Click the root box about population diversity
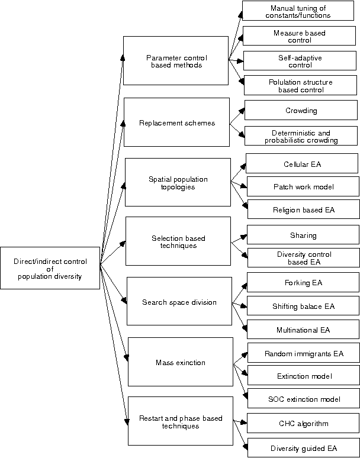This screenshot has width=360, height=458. (50, 268)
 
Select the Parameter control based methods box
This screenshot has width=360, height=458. (175, 61)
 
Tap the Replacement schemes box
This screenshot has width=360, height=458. (176, 122)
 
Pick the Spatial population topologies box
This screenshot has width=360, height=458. (178, 182)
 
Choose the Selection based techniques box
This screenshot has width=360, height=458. (178, 241)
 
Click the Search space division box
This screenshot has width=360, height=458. (179, 301)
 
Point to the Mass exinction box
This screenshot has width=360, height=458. (180, 362)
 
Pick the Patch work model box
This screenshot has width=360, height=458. (303, 186)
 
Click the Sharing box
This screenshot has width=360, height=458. (303, 235)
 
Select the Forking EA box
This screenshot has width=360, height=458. (303, 283)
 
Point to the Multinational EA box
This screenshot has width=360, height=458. (303, 329)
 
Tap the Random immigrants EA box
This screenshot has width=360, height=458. (304, 353)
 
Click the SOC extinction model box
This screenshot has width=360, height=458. (304, 399)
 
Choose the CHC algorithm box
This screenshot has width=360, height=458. (304, 423)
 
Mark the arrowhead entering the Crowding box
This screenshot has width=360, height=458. (241, 110)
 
